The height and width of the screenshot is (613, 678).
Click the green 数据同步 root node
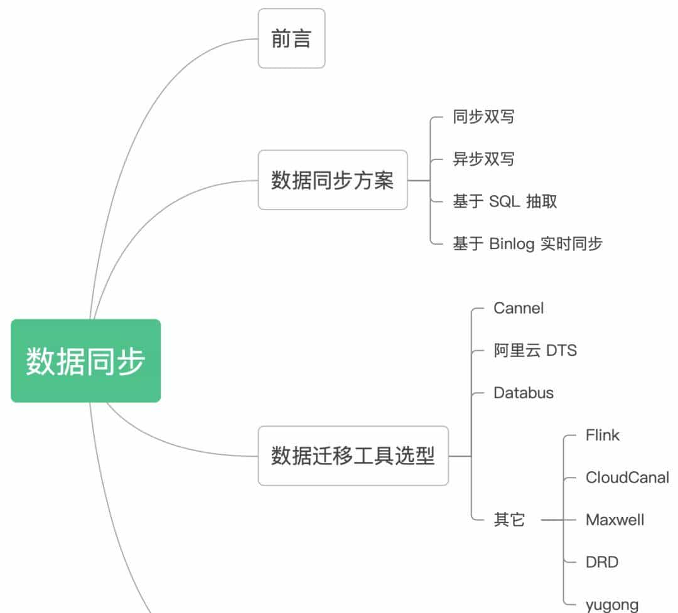[x=86, y=361]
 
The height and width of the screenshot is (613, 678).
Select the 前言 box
[x=291, y=39]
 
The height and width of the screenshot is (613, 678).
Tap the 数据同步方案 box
[x=333, y=180]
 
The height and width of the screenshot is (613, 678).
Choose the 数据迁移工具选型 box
[x=353, y=456]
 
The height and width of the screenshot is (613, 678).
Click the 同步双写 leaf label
[x=483, y=117]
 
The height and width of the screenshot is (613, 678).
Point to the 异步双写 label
[x=483, y=159]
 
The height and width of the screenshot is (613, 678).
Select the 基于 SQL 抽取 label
[x=505, y=201]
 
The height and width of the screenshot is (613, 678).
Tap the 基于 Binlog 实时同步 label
[x=527, y=243]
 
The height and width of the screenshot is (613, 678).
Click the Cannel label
[x=519, y=308]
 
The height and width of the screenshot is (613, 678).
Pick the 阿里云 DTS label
[x=535, y=350]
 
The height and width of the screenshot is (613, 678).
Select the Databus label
[x=524, y=393]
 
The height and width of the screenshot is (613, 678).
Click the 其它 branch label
[x=509, y=520]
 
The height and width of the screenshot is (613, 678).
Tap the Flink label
[x=602, y=435]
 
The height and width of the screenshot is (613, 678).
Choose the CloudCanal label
[x=627, y=477]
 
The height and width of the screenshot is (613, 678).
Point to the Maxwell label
[x=615, y=520]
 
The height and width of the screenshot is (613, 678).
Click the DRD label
[x=602, y=562]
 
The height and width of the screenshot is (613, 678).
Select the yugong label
[x=612, y=605]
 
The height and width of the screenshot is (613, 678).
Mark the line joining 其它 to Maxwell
[x=552, y=520]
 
